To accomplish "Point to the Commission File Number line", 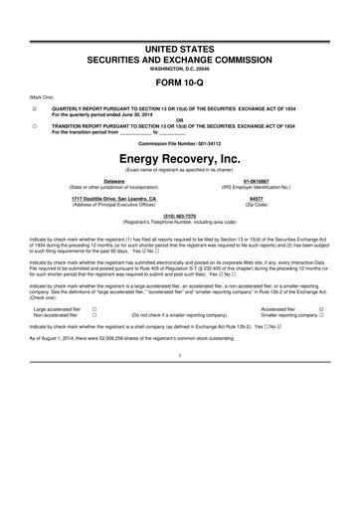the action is (x=179, y=143).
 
